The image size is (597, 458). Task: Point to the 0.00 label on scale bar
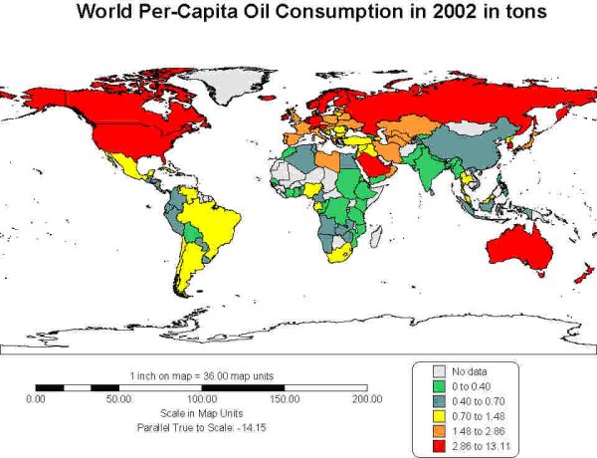[x=35, y=398]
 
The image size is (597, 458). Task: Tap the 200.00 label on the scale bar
[x=367, y=398]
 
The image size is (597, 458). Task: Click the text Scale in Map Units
[x=202, y=412]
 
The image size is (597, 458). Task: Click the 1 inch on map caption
[x=202, y=375]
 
